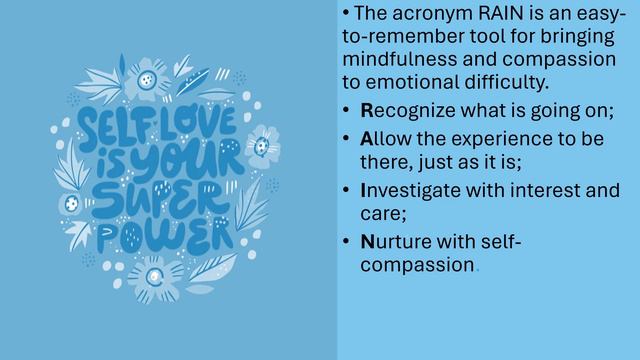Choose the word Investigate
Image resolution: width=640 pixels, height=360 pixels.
coord(415,190)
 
